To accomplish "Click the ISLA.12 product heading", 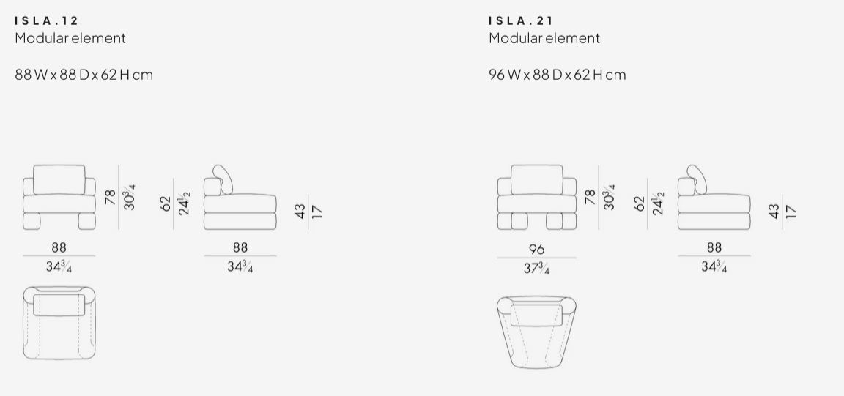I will tap(46, 20).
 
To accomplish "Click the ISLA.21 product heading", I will tap(521, 20).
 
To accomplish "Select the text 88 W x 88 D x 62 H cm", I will tap(84, 75).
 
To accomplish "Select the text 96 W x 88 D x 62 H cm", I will tap(558, 75).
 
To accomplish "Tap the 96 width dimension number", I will tap(536, 249).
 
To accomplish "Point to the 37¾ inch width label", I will tap(536, 269).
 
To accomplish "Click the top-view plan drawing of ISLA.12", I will tap(59, 323).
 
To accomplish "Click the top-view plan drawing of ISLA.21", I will tap(536, 331).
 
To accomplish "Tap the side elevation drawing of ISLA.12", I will tap(240, 201).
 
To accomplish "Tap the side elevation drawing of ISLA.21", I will tap(714, 201).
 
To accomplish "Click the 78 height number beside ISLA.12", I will tap(111, 197).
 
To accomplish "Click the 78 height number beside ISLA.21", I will tap(591, 197).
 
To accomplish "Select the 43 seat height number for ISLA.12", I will tap(300, 212).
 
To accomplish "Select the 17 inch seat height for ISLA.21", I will tap(790, 212).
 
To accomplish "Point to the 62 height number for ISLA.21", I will tap(640, 203).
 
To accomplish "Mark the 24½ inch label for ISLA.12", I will tap(185, 203).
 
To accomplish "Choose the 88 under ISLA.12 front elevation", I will tap(59, 248).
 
